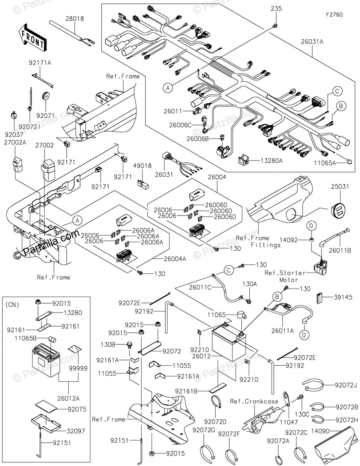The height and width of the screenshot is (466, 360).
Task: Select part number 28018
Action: (74, 18)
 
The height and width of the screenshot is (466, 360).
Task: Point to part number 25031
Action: (340, 187)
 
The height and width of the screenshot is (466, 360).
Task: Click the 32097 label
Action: (77, 431)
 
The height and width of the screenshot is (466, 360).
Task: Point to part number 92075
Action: (77, 409)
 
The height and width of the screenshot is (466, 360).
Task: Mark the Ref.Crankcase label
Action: (249, 401)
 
